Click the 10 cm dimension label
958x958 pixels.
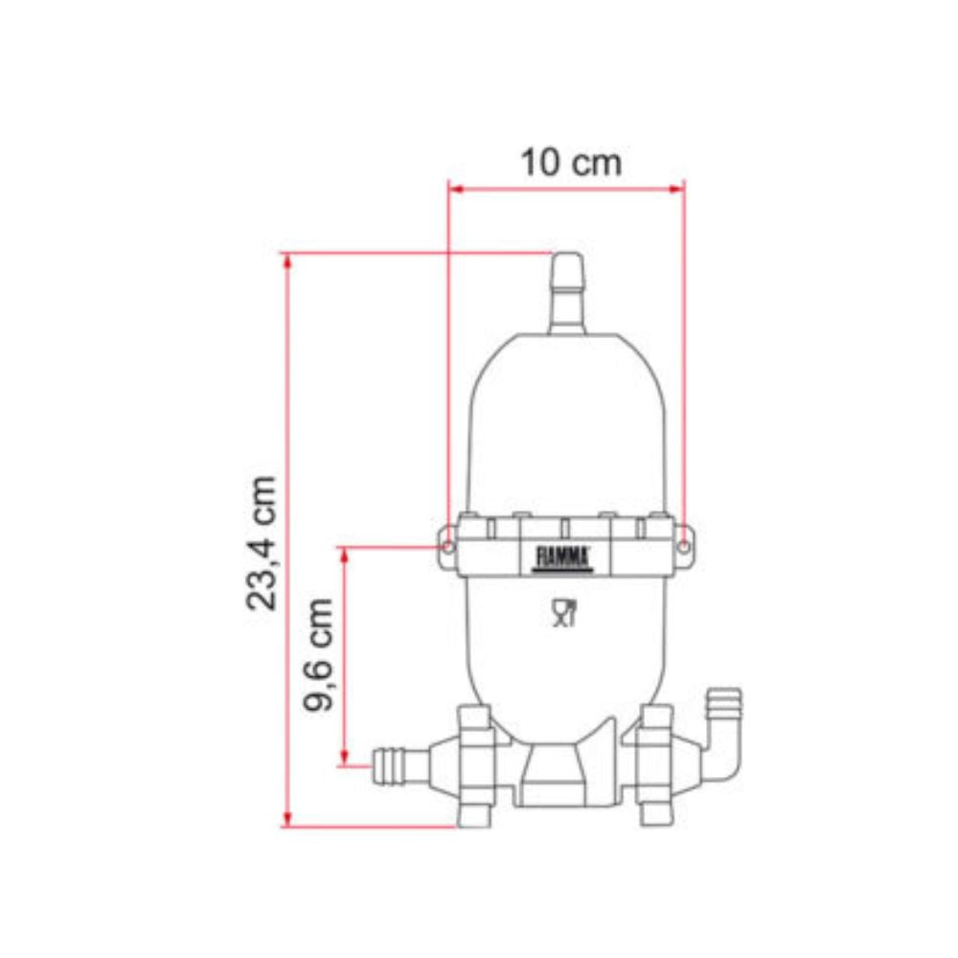[570, 162]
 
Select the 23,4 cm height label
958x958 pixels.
[262, 542]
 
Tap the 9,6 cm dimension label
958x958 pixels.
[319, 655]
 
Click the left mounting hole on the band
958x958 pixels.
[448, 546]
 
